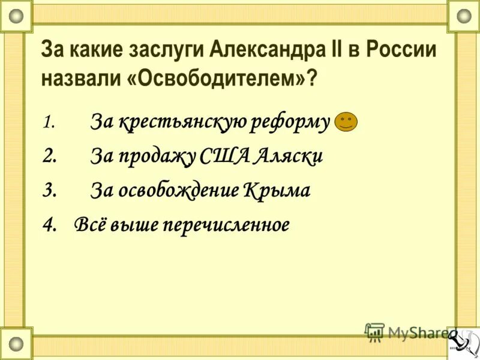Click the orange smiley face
pyautogui.click(x=346, y=122)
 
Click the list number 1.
pyautogui.click(x=49, y=123)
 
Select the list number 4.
pyautogui.click(x=50, y=225)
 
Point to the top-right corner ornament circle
pyautogui.click(x=464, y=16)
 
